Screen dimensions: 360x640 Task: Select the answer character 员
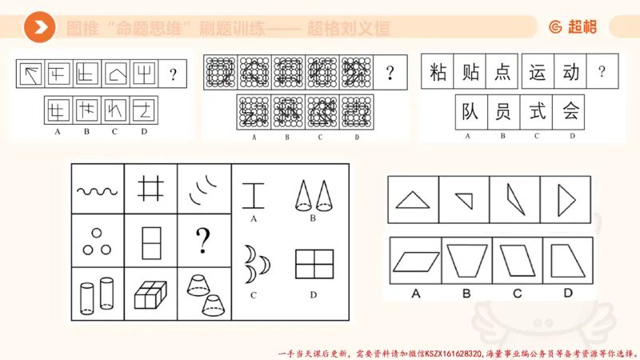(503, 112)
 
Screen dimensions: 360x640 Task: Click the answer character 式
(537, 112)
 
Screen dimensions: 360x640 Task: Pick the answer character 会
(570, 112)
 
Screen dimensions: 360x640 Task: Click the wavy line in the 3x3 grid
(97, 190)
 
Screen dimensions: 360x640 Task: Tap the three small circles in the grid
(97, 242)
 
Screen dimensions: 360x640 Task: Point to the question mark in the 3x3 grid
(203, 240)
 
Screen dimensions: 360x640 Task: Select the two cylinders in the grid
(97, 294)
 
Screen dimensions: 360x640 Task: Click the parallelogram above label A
(415, 261)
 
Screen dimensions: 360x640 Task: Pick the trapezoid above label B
(466, 261)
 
